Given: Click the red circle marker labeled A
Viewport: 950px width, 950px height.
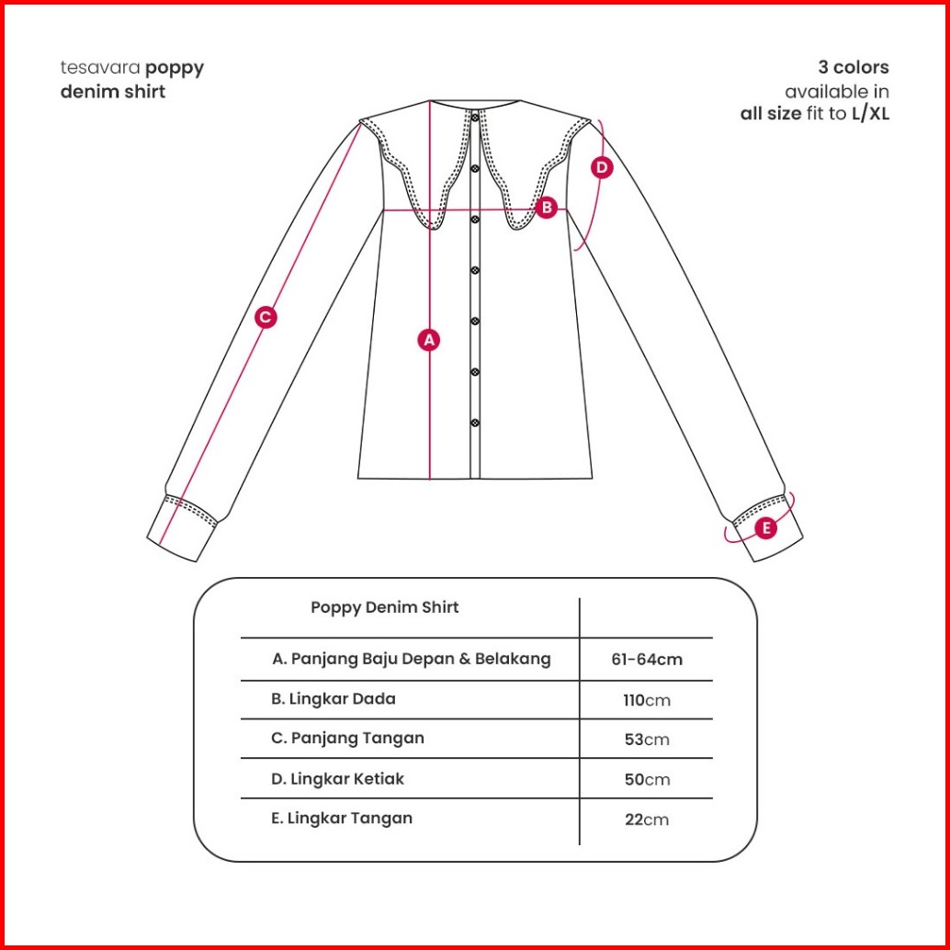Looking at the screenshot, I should tap(428, 339).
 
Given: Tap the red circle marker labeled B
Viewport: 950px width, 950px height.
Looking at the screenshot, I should tap(546, 208).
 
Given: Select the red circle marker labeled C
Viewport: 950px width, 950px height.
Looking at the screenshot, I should tap(265, 317).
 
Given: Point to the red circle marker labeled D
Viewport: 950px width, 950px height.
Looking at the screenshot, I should tap(601, 167).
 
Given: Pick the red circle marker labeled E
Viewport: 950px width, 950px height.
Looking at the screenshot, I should tap(765, 528).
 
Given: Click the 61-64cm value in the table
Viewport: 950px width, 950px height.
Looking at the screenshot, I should tap(647, 659).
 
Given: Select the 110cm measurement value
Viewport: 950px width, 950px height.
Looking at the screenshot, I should tap(647, 700).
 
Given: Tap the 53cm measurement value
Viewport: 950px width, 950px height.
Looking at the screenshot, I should tap(647, 740).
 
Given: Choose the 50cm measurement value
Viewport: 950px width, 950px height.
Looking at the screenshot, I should tap(647, 779).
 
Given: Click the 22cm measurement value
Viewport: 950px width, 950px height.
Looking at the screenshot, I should tap(647, 819).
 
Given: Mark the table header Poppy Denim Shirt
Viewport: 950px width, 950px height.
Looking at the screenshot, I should tap(385, 607).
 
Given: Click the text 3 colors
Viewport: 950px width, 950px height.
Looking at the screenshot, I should tap(854, 68).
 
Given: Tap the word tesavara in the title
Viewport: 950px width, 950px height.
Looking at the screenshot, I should tap(100, 68).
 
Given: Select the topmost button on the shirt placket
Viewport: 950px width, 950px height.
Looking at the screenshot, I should tap(475, 118).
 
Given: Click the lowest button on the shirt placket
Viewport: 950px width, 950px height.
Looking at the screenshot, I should tap(475, 423).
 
